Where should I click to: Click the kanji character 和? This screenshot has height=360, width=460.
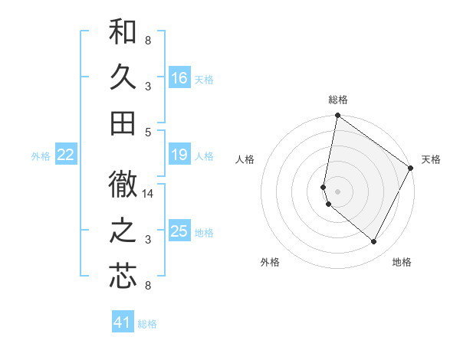(123, 32)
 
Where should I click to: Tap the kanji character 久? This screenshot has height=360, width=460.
(123, 78)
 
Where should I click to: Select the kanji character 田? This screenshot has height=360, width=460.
(123, 123)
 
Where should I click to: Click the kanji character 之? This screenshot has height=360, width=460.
(123, 231)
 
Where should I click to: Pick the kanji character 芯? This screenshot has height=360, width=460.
(123, 277)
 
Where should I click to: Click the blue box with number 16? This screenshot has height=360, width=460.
(179, 78)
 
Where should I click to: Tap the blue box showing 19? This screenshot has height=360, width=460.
(179, 155)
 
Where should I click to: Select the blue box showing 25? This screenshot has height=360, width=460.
(179, 231)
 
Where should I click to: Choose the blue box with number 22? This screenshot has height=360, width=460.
(65, 155)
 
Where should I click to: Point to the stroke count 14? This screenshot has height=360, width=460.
(148, 194)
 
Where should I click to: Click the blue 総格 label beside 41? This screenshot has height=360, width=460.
(147, 324)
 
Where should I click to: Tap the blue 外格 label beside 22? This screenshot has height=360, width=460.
(41, 156)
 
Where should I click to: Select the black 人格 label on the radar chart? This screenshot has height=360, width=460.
(245, 160)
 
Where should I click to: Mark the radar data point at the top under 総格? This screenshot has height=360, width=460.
(337, 116)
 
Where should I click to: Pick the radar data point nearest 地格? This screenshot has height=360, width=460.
(374, 242)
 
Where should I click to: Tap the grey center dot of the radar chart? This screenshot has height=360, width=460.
(337, 191)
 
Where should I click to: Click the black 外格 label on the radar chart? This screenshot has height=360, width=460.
(270, 262)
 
